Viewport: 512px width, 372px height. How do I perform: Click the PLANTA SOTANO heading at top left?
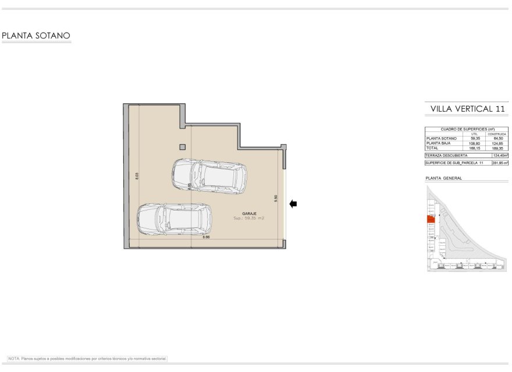tap(36, 36)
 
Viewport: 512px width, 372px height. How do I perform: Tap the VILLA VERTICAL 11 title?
tap(467, 109)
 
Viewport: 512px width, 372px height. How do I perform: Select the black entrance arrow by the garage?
tap(293, 203)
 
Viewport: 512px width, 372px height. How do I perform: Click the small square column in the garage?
tap(182, 147)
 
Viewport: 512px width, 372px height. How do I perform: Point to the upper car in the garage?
tap(209, 175)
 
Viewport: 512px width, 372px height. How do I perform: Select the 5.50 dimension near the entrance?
tap(276, 198)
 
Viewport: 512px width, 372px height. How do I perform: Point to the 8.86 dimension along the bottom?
tap(206, 237)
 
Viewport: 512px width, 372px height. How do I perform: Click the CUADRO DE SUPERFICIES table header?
tap(467, 129)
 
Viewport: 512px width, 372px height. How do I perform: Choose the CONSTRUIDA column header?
tap(496, 134)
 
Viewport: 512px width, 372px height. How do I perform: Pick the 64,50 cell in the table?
tap(496, 138)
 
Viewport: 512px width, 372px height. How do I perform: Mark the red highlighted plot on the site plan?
tap(431, 219)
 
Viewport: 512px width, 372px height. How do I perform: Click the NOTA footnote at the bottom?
tap(87, 359)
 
